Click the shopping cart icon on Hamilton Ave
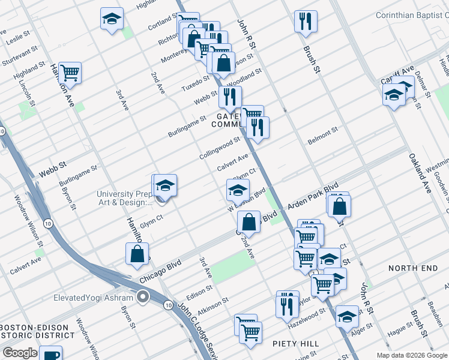pos(70,73)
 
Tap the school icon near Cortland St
pos(112,19)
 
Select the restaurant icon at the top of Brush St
pos(306,22)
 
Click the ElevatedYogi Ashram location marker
pos(142,296)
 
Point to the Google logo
pos(20,353)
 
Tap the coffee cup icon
pos(52,355)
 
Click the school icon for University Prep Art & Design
pos(165,185)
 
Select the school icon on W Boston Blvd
pos(238,190)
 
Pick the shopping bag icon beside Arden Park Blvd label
pos(339,205)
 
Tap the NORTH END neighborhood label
pos(413,268)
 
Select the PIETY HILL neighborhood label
pos(295,344)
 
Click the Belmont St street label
pos(323,135)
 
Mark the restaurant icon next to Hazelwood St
pos(287,304)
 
